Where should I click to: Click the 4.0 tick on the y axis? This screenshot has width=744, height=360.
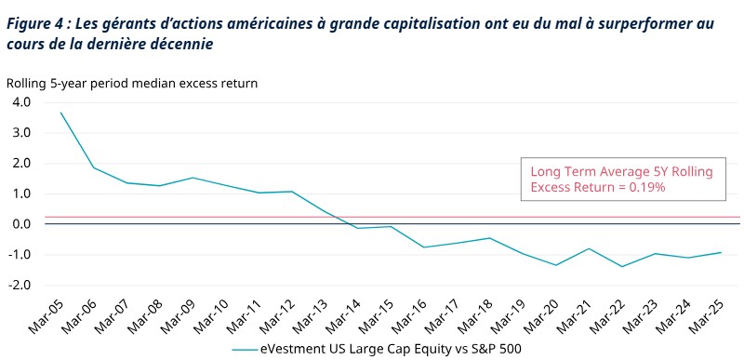[x=20, y=102]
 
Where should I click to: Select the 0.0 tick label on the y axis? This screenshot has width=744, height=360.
[x=20, y=224]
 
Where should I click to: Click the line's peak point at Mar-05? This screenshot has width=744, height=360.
[x=60, y=113]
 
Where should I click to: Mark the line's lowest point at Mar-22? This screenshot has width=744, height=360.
[x=623, y=267]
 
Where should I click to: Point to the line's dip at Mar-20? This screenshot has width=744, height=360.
[x=556, y=265]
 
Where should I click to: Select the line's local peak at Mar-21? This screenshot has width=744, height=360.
[x=590, y=248]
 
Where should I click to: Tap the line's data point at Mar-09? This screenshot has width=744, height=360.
[x=193, y=178]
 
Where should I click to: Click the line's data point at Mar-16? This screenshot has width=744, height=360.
[x=424, y=247]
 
